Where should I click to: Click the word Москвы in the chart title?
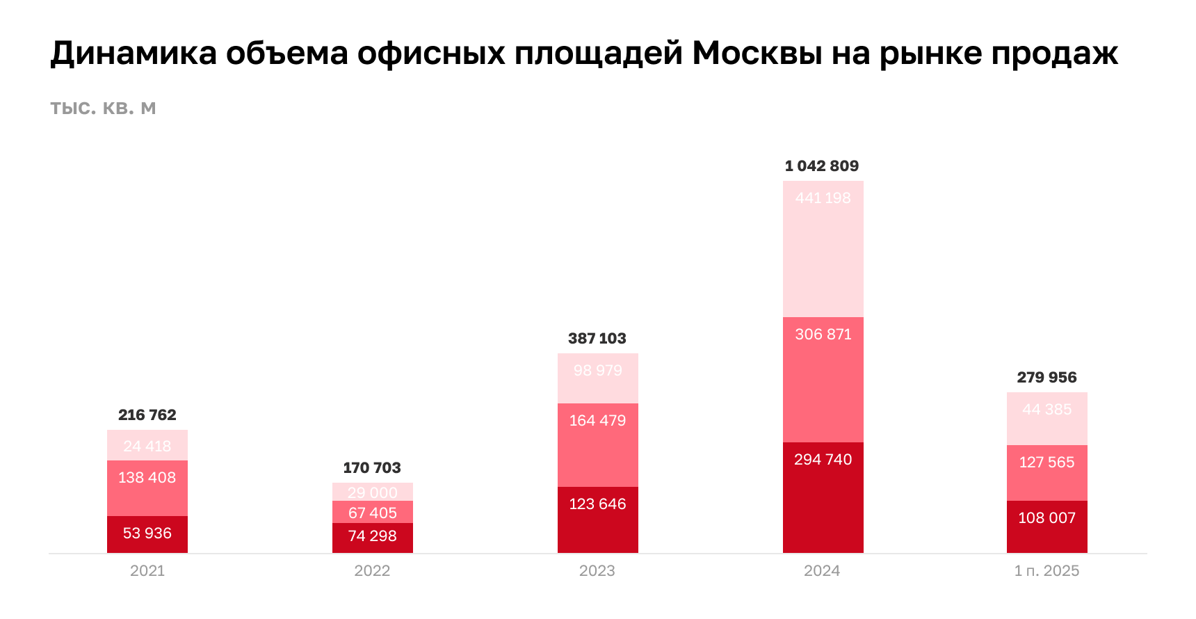click(x=757, y=54)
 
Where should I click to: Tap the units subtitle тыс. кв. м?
click(x=103, y=108)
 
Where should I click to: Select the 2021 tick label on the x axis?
click(x=147, y=571)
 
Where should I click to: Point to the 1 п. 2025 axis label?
click(x=1046, y=571)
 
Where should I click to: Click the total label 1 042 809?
click(x=822, y=166)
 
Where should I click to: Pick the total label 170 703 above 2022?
click(x=372, y=468)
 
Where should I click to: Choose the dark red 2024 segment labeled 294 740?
click(x=823, y=497)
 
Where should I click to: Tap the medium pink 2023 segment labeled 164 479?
click(x=598, y=445)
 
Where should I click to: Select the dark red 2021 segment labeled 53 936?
click(x=147, y=534)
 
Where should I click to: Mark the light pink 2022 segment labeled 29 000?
click(x=373, y=492)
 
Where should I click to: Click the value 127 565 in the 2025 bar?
click(x=1046, y=463)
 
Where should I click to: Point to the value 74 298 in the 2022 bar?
click(x=373, y=536)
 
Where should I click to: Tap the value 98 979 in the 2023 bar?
click(x=598, y=371)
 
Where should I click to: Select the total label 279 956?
click(x=1046, y=378)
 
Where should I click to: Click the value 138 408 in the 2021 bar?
click(x=147, y=478)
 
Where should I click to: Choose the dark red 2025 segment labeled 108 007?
click(x=1047, y=527)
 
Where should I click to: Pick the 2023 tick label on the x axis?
click(x=597, y=571)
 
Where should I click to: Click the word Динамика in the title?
click(x=134, y=54)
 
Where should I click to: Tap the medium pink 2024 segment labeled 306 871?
click(x=823, y=379)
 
